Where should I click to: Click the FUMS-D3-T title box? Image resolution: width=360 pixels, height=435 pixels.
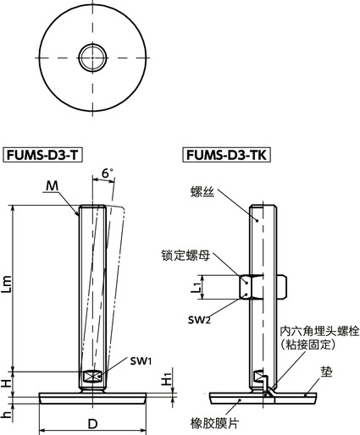44,156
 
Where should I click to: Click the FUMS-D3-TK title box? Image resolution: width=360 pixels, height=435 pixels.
222,156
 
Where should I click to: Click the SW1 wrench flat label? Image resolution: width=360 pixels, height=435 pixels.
141,361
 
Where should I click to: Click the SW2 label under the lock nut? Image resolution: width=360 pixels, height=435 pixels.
200,318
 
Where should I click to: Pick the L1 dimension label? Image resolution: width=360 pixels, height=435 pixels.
196,288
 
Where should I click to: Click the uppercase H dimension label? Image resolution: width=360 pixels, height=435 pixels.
7,383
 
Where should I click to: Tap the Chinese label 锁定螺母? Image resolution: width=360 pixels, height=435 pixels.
180,254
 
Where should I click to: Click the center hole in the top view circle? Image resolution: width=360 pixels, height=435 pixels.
91,58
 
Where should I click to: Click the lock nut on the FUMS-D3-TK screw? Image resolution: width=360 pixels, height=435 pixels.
251,288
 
